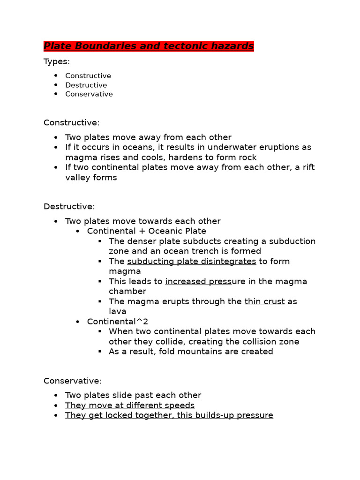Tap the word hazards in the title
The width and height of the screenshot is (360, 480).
point(232,46)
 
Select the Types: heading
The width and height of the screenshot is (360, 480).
point(56,61)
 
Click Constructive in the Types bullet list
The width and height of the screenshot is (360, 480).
point(88,76)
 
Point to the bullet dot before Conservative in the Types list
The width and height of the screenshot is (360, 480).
point(56,94)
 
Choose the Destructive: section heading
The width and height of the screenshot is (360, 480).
point(69,206)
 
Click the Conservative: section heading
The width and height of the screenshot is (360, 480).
point(72,381)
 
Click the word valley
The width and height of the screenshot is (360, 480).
point(77,178)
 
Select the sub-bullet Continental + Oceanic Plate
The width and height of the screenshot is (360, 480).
point(146,231)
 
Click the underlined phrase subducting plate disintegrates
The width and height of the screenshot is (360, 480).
point(191,261)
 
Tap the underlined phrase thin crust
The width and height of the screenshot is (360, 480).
point(264,301)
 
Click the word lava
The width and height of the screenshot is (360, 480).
point(118,311)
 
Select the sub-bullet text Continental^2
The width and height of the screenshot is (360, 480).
point(111,322)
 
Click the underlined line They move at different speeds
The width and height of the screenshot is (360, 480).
point(130,405)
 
